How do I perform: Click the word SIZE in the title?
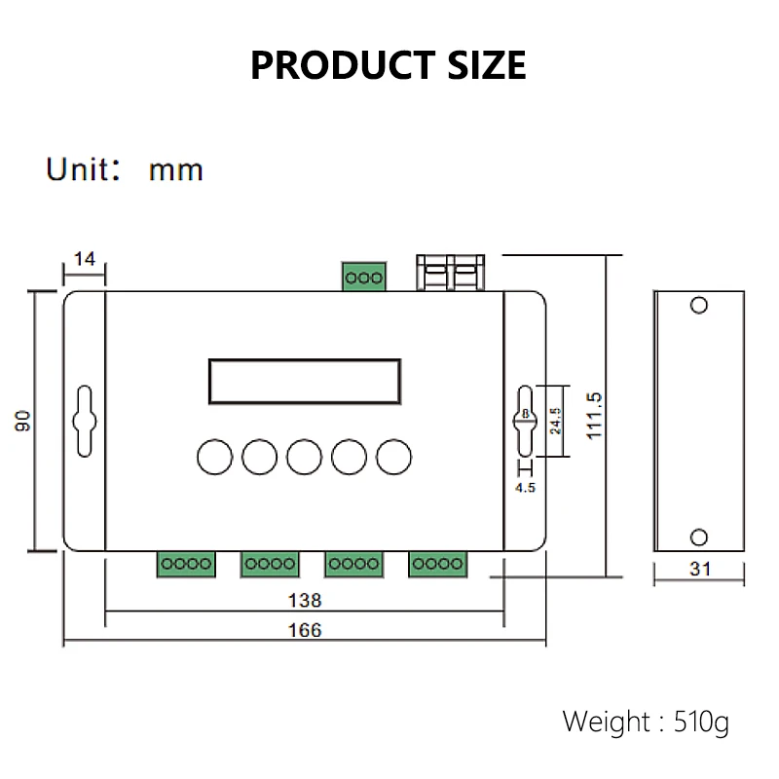476,64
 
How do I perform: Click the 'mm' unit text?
175,170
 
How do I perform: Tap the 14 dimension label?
85,259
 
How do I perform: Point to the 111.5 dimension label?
595,416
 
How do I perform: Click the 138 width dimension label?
305,600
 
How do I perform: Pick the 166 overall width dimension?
305,630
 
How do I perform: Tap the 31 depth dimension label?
699,570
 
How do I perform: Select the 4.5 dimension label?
525,488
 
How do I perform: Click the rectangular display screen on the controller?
304,381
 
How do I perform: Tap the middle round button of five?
304,456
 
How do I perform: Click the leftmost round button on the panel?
213,456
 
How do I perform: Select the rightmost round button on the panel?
394,456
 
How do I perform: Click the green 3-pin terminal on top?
363,278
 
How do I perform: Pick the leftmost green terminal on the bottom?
184,563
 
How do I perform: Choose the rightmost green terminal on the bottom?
437,563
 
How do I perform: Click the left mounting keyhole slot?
84,421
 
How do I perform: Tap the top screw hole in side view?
698,305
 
